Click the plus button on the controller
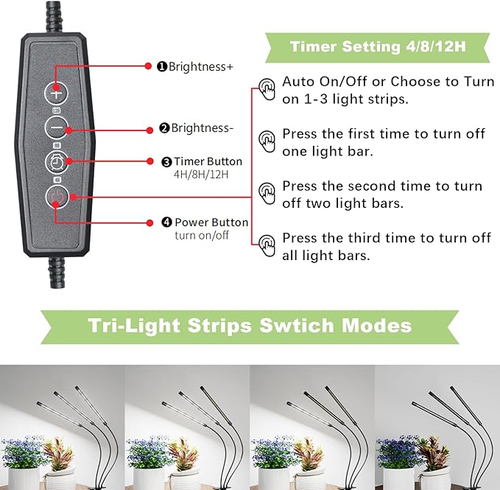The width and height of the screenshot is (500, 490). click(x=57, y=93)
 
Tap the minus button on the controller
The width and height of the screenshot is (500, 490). click(x=57, y=127)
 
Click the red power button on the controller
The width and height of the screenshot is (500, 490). click(x=57, y=196)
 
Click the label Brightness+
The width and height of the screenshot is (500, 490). click(x=200, y=66)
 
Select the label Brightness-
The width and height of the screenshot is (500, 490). click(x=202, y=128)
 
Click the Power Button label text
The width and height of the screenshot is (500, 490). click(x=211, y=223)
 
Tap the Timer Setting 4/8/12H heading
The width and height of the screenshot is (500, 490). click(x=378, y=46)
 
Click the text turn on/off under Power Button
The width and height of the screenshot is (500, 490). click(x=202, y=236)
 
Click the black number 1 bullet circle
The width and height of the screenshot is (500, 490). click(x=161, y=66)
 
